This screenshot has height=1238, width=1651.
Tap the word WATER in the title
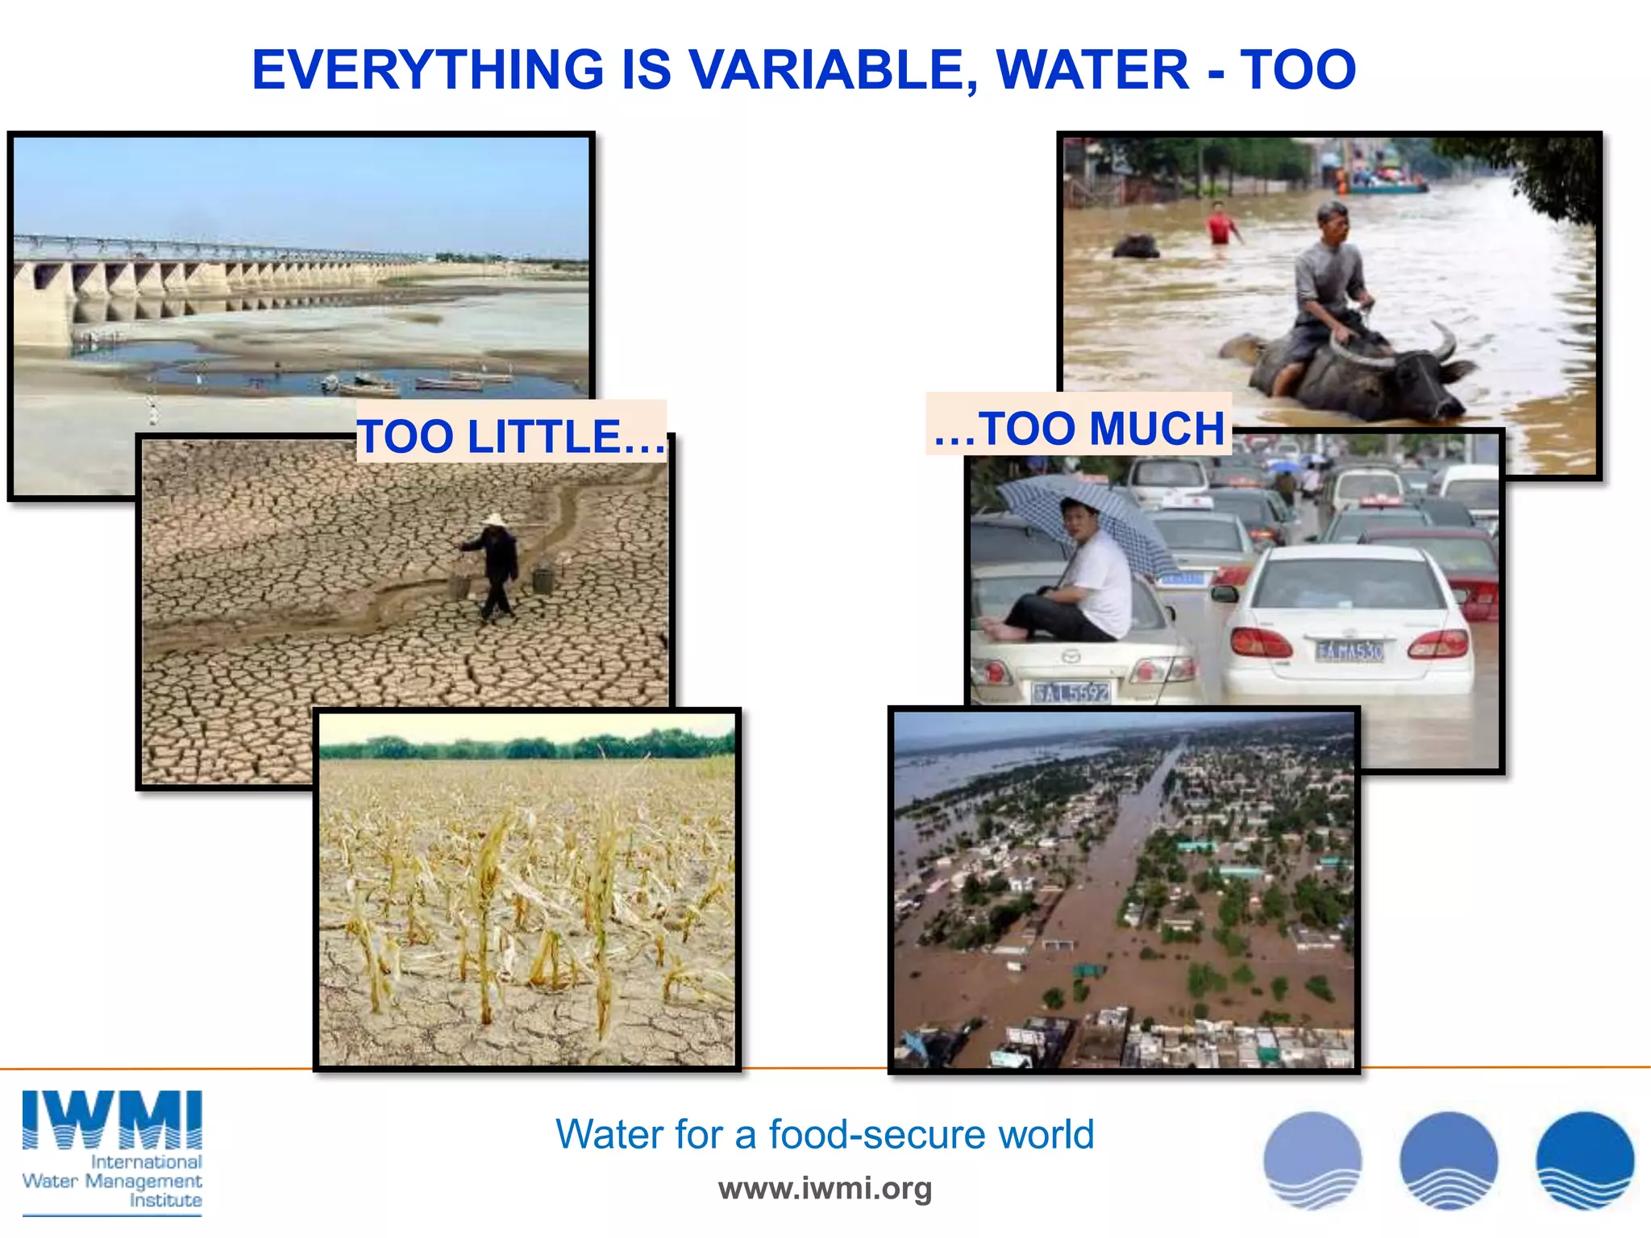coord(1093,70)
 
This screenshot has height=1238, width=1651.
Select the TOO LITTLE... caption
coord(511,436)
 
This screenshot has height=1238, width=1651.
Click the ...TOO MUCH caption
coord(1079,427)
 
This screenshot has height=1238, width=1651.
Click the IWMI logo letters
coord(112,1120)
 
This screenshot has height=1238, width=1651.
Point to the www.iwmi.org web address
coord(825,1188)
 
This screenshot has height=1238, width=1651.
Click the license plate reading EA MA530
coord(1349,651)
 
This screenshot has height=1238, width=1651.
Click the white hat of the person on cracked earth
coord(493,521)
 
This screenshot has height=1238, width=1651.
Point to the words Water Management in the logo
coord(112,1181)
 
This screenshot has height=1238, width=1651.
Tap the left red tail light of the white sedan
coord(1261,643)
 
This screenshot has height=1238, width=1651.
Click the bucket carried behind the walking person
coord(543,580)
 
